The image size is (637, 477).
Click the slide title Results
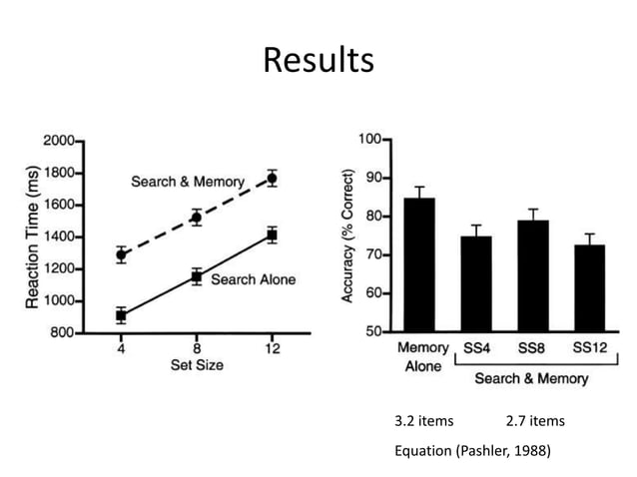[x=318, y=60]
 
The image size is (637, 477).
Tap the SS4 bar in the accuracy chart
[x=476, y=283]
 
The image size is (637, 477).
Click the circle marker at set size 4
[x=122, y=254]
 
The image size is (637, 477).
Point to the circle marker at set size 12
[x=272, y=179]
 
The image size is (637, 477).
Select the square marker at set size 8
[x=197, y=276]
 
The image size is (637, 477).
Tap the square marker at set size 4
[x=122, y=315]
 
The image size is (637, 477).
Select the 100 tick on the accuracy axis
[x=368, y=140]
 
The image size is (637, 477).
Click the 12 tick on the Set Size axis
[x=272, y=349]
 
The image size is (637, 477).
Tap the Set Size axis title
[x=197, y=366]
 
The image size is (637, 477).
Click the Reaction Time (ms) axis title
[x=32, y=237]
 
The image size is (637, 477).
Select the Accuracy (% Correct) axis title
[x=348, y=236]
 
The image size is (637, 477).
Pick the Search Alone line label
[x=253, y=279]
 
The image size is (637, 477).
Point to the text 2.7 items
[x=536, y=421]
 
